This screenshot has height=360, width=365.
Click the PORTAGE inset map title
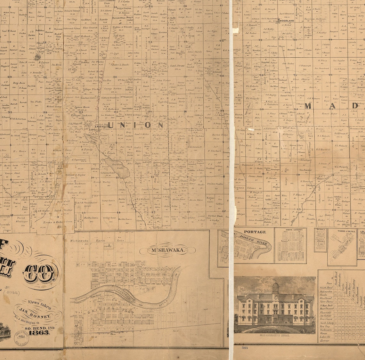(255, 232)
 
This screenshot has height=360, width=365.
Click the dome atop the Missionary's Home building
(276, 285)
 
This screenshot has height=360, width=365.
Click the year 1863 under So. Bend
(39, 333)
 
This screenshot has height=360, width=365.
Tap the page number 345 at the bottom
(245, 348)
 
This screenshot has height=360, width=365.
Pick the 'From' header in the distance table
(329, 283)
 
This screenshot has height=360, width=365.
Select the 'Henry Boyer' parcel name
(329, 114)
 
